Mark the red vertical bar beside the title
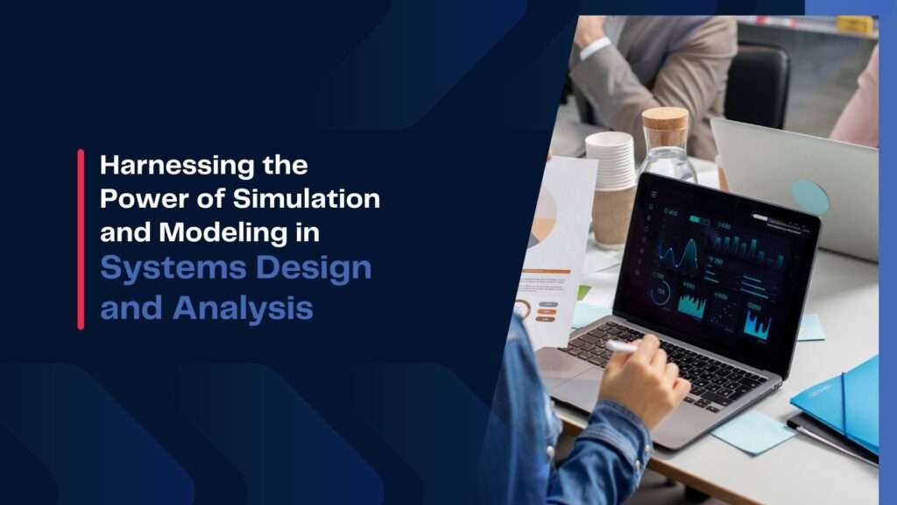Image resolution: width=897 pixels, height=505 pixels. [81, 238]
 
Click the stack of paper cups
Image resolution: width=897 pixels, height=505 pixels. [611, 162]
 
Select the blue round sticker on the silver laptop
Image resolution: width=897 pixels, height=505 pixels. [809, 196]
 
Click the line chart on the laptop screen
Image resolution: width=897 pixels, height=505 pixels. [677, 252]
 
